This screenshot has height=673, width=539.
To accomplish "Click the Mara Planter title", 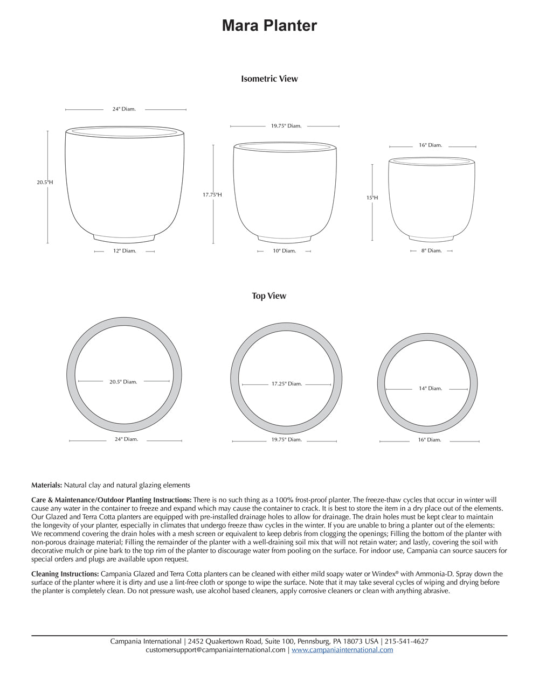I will click(x=269, y=25).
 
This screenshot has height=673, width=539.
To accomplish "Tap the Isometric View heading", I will click(x=269, y=79).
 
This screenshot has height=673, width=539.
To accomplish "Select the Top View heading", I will click(x=269, y=296).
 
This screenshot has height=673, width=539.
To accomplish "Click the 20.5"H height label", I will click(x=45, y=183).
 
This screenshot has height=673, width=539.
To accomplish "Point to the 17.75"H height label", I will click(x=212, y=195).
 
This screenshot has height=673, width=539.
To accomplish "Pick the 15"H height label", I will click(x=372, y=198).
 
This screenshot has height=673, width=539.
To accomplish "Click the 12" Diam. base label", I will click(x=125, y=251).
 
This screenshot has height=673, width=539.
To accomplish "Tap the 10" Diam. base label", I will click(x=284, y=251).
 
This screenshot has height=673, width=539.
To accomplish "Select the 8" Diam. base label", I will click(x=431, y=251).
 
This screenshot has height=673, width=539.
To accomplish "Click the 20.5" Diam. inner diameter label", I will click(x=123, y=382).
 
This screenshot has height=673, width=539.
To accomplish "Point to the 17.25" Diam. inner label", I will click(x=286, y=384).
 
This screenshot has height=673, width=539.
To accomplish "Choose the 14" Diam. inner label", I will click(x=430, y=388).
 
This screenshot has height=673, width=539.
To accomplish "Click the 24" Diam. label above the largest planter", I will click(x=124, y=109).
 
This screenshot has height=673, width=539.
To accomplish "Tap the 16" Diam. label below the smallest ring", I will click(x=430, y=440).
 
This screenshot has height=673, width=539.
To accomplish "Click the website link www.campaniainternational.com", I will click(x=342, y=650).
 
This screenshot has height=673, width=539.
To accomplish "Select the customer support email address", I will click(x=216, y=650).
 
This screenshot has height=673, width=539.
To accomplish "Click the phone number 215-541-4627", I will click(x=407, y=641).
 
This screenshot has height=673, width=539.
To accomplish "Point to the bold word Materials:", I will click(x=47, y=485).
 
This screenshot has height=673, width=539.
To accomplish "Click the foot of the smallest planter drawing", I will click(x=431, y=237).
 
